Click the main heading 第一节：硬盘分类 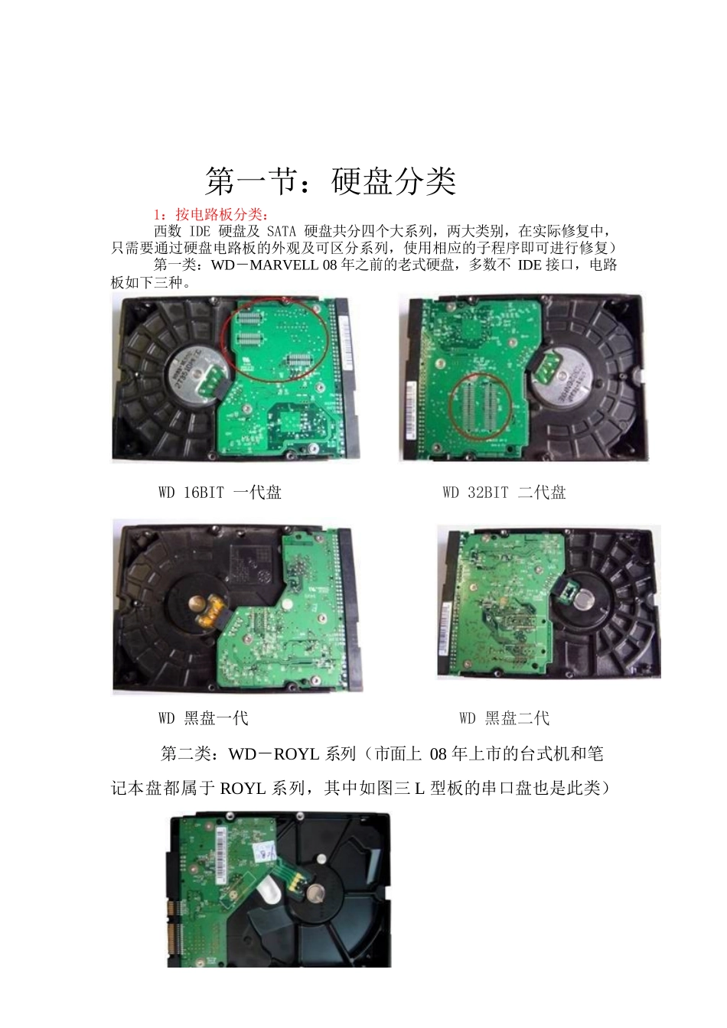(x=331, y=181)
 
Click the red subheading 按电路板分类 (x=217, y=215)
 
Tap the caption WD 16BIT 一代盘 (x=220, y=493)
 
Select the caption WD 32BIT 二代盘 (x=504, y=493)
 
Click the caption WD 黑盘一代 (x=203, y=718)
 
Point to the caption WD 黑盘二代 (x=504, y=718)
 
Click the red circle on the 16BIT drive (x=275, y=340)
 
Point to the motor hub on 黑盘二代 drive (x=585, y=598)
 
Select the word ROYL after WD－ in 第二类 (x=296, y=754)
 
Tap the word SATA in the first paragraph (x=281, y=231)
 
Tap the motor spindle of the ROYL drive (x=315, y=893)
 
